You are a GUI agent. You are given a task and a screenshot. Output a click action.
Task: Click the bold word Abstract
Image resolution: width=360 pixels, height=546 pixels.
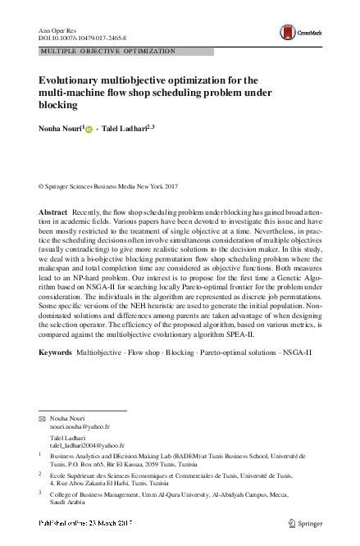[53, 212]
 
